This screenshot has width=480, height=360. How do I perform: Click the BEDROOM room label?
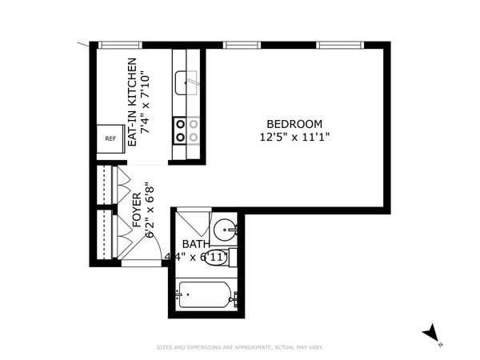(x=294, y=124)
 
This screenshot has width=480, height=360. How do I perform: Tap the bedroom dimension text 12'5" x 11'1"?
(x=294, y=138)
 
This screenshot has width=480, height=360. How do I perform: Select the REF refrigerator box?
(x=110, y=138)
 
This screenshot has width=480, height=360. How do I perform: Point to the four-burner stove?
(x=186, y=130)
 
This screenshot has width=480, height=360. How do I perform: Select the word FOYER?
(x=137, y=210)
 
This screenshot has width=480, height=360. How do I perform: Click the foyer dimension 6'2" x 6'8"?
(x=150, y=210)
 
